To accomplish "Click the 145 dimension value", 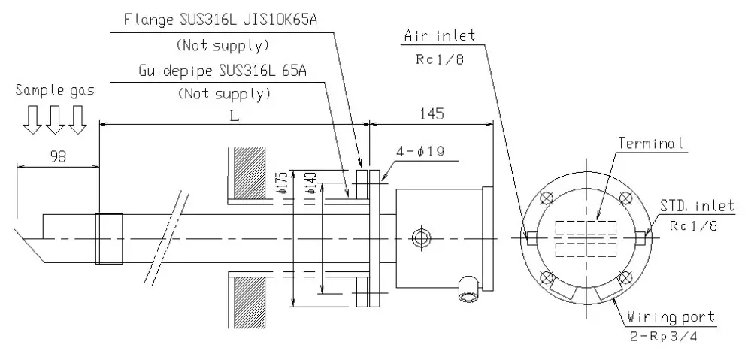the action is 432,114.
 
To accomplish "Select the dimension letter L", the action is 235,116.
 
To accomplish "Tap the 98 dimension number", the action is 58,157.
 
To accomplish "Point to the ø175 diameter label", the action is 282,182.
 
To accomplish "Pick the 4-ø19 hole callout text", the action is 420,152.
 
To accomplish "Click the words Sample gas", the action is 55,90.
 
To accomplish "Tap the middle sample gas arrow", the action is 55,119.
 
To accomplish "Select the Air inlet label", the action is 440,35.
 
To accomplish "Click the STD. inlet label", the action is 697,207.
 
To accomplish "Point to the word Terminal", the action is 650,143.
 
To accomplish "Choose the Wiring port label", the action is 671,316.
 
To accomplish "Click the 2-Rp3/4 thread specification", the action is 663,336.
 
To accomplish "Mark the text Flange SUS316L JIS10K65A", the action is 220,20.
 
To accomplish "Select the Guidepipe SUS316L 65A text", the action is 223,71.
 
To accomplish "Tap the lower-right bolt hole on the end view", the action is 625,277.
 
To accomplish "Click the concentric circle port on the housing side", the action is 421,237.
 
